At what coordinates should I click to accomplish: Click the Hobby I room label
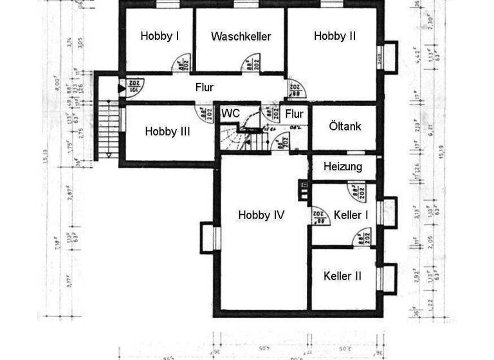(x=160, y=36)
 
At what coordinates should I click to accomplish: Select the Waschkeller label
(x=241, y=37)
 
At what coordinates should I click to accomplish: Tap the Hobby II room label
(x=334, y=36)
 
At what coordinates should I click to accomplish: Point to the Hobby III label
(x=167, y=131)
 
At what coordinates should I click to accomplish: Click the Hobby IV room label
(x=261, y=215)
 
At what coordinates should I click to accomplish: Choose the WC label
(x=230, y=113)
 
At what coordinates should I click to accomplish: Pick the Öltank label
(x=345, y=127)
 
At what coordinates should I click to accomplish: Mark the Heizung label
(x=342, y=166)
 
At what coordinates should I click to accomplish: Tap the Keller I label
(x=351, y=215)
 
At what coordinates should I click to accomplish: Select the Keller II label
(x=342, y=276)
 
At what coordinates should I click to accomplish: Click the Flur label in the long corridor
(x=205, y=87)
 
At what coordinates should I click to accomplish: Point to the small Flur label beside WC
(x=294, y=114)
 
